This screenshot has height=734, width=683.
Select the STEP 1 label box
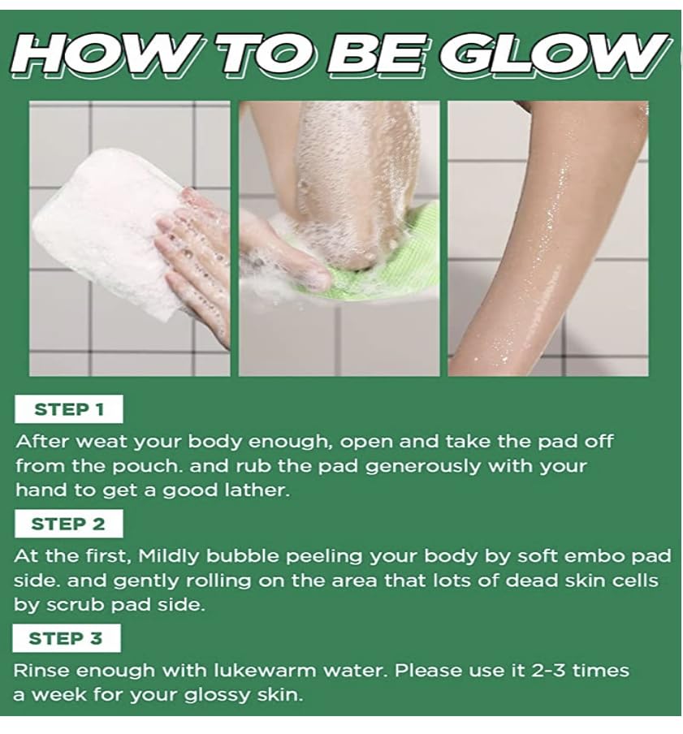(x=69, y=409)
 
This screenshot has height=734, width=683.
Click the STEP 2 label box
(x=69, y=524)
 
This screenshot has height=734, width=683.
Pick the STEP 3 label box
(x=67, y=638)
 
